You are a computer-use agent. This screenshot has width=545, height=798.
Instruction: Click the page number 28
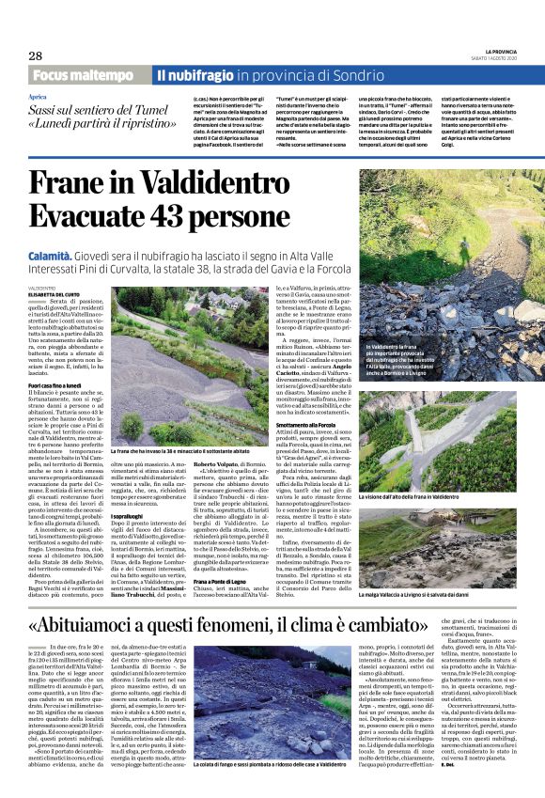[x=35, y=55]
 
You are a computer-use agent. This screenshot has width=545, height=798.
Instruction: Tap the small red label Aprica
[x=38, y=97]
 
